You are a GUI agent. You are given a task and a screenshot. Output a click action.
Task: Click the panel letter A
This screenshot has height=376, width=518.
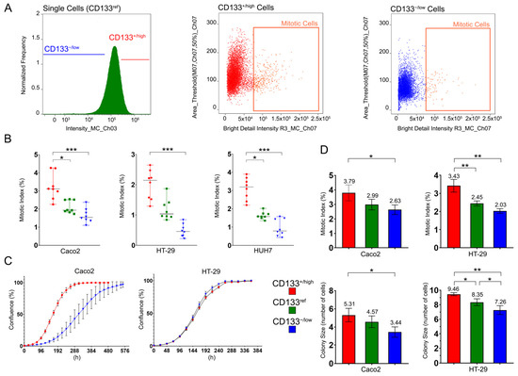(7, 8)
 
